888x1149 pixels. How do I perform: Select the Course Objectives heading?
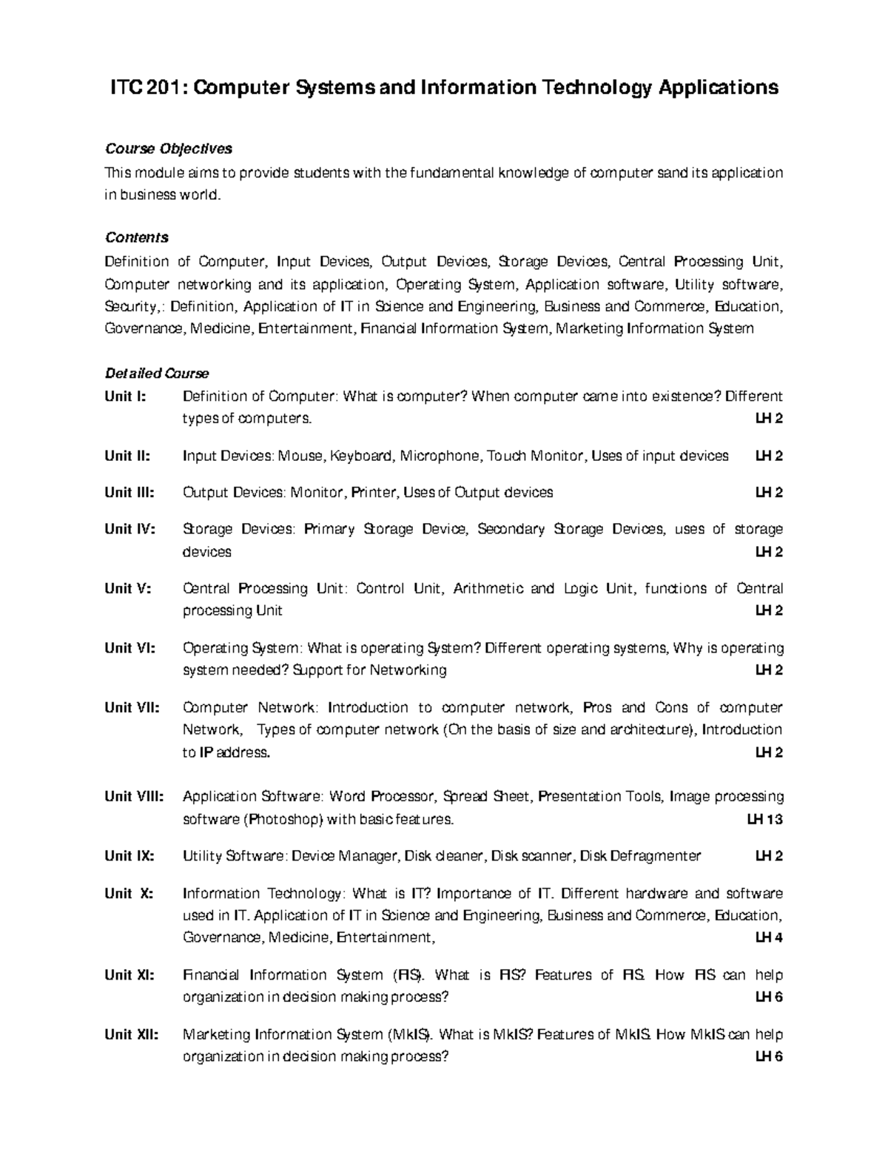[x=168, y=149]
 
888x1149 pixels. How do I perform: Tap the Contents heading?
[x=137, y=237]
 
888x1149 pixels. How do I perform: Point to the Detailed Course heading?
[x=157, y=374]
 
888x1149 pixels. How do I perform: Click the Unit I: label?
[x=126, y=397]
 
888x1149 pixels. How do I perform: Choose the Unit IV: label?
[x=130, y=529]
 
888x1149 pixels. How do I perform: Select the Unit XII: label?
[x=132, y=1034]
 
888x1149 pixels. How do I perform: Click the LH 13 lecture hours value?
[x=764, y=820]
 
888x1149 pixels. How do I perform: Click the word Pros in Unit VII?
[x=597, y=707]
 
